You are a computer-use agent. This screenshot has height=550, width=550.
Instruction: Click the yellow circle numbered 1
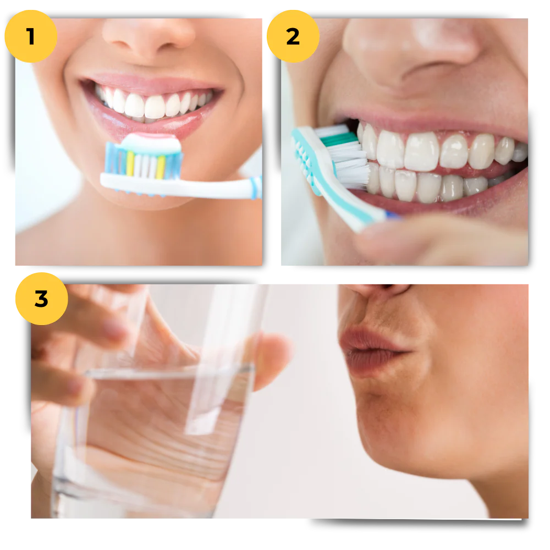click(x=31, y=36)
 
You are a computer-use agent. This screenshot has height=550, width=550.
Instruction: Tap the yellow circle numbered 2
click(x=293, y=36)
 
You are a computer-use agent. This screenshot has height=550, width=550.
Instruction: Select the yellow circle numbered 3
click(x=42, y=299)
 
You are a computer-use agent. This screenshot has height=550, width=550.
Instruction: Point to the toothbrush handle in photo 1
click(x=220, y=187)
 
